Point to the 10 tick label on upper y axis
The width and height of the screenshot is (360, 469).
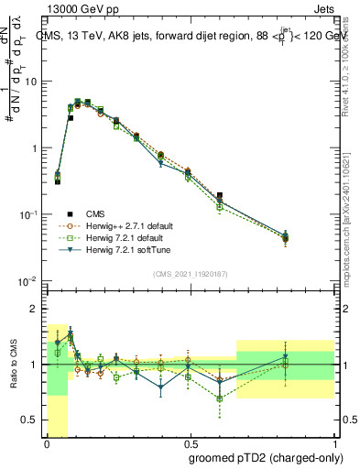(31, 82)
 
